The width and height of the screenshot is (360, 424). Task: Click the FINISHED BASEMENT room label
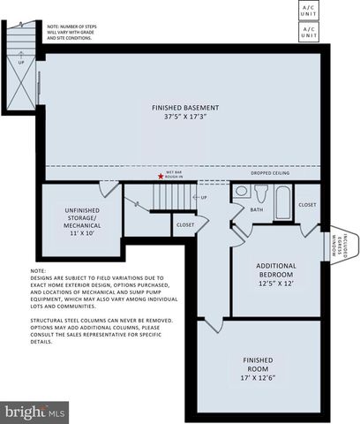[186, 108]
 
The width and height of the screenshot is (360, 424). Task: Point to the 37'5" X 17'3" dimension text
[186, 117]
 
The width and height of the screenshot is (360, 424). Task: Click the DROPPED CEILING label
[269, 172]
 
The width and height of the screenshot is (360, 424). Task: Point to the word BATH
[256, 210]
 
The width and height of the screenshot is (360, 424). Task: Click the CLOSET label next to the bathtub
[307, 204]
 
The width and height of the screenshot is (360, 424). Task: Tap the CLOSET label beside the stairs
[185, 224]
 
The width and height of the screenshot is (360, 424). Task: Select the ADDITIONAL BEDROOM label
[276, 269]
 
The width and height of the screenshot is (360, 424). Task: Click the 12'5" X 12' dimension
[276, 283]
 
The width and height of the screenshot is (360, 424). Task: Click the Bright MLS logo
[35, 411]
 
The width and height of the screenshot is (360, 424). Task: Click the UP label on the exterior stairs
[20, 63]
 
